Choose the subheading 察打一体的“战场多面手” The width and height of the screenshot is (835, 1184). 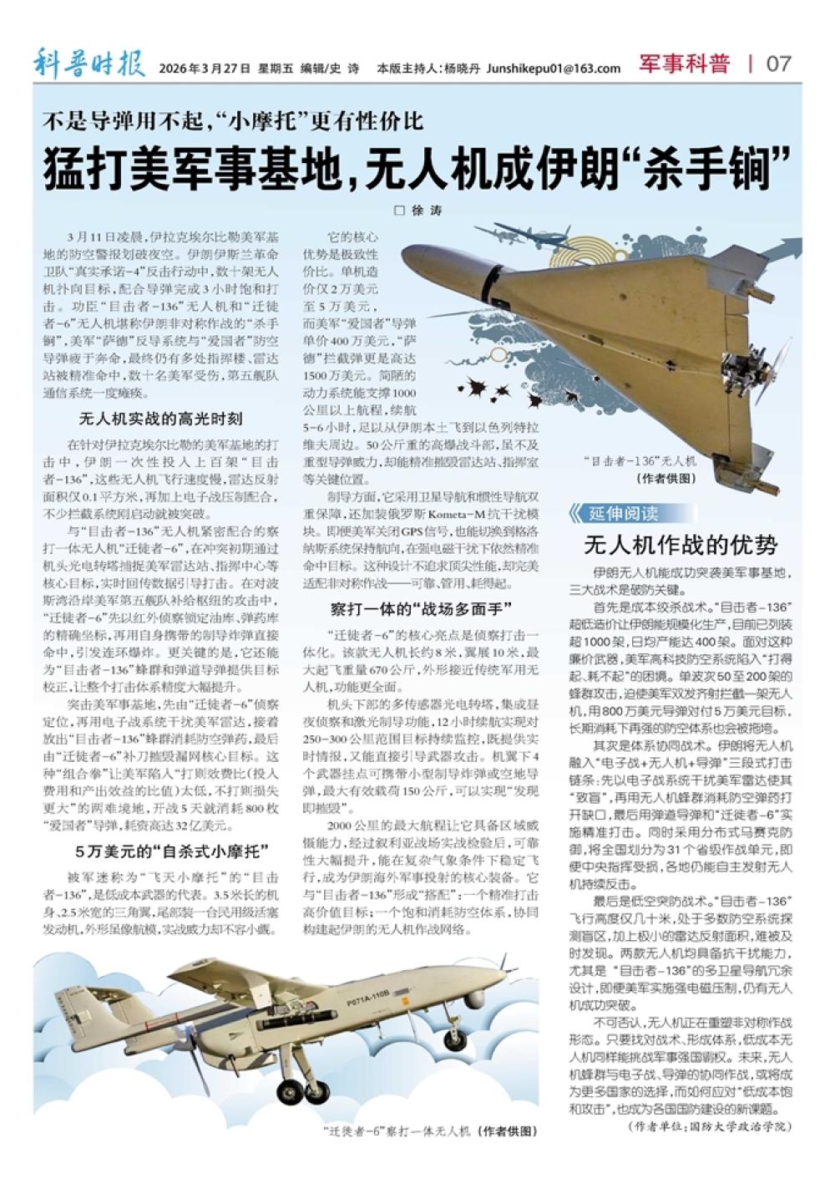click(x=421, y=608)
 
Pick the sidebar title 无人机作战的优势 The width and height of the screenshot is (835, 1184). click(x=681, y=546)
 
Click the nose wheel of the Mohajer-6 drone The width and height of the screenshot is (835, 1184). click(x=455, y=1041)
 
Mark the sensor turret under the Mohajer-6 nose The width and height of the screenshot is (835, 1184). click(x=475, y=999)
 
